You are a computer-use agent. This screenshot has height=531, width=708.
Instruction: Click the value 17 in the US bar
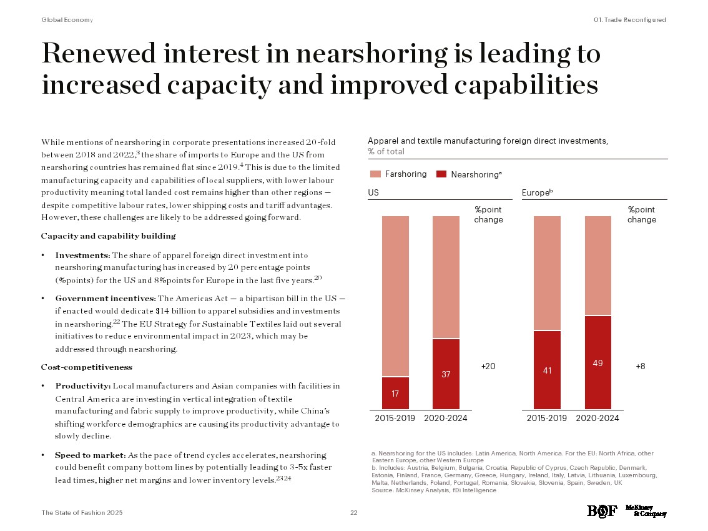click(395, 394)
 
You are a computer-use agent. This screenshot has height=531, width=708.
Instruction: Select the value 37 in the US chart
click(446, 374)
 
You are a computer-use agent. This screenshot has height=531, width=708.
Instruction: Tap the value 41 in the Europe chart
click(546, 370)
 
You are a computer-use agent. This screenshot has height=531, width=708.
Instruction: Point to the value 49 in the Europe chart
click(597, 363)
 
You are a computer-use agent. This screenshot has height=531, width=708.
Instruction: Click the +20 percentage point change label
click(488, 367)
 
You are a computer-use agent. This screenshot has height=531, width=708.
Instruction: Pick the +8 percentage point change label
click(641, 367)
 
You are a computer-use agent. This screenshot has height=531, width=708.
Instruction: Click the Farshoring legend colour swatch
click(375, 174)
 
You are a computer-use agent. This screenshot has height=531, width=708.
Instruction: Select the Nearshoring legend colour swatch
click(441, 174)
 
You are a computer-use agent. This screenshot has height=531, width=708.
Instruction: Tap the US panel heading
click(373, 194)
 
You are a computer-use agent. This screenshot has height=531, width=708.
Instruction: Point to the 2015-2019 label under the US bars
click(395, 418)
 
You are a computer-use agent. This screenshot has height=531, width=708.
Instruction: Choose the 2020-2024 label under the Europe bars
click(597, 418)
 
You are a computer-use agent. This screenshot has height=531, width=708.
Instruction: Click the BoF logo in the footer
click(602, 511)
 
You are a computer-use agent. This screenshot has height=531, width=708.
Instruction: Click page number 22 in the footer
click(353, 512)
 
